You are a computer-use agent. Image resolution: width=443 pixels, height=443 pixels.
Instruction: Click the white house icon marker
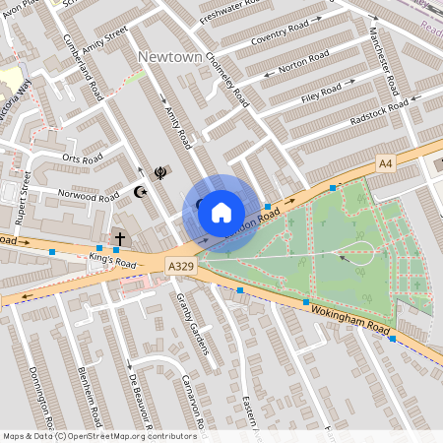221,212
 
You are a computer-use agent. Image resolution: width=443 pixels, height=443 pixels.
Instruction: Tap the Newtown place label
170,57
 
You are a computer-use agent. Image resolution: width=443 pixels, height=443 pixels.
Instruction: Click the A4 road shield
385,162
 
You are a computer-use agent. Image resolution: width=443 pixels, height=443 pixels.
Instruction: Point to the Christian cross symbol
120,238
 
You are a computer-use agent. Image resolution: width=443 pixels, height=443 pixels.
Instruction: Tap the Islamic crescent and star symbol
141,190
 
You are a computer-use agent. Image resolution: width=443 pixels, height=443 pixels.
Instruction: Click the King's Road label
111,263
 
